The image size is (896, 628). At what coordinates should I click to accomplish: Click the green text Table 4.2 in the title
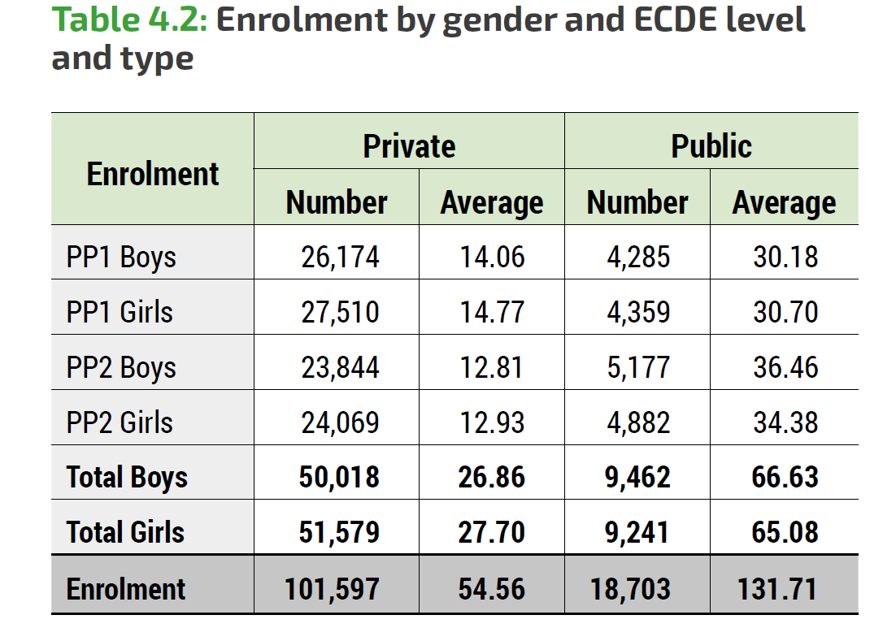point(130,19)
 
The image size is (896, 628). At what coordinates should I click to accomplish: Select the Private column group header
point(409,146)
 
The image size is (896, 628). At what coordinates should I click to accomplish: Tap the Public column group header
point(711,146)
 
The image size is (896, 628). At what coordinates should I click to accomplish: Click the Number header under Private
point(337,202)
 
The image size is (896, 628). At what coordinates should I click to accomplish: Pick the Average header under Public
point(784,202)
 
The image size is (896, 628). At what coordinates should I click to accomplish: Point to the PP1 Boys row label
point(121,258)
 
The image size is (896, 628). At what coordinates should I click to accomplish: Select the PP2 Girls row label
point(120,422)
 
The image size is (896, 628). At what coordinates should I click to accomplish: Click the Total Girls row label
point(125,532)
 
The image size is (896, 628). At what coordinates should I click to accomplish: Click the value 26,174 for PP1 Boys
point(340,258)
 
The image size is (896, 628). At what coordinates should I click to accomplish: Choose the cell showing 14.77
point(492,313)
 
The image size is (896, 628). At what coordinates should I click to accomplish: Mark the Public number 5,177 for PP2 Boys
point(638,367)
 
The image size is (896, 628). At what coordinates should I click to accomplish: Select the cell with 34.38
point(785,422)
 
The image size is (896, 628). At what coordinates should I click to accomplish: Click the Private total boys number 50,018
point(339,477)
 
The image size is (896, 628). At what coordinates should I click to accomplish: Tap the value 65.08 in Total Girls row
point(785,532)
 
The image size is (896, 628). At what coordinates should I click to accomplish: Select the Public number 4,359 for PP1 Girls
point(638,313)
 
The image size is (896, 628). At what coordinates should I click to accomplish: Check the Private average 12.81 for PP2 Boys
point(492,367)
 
